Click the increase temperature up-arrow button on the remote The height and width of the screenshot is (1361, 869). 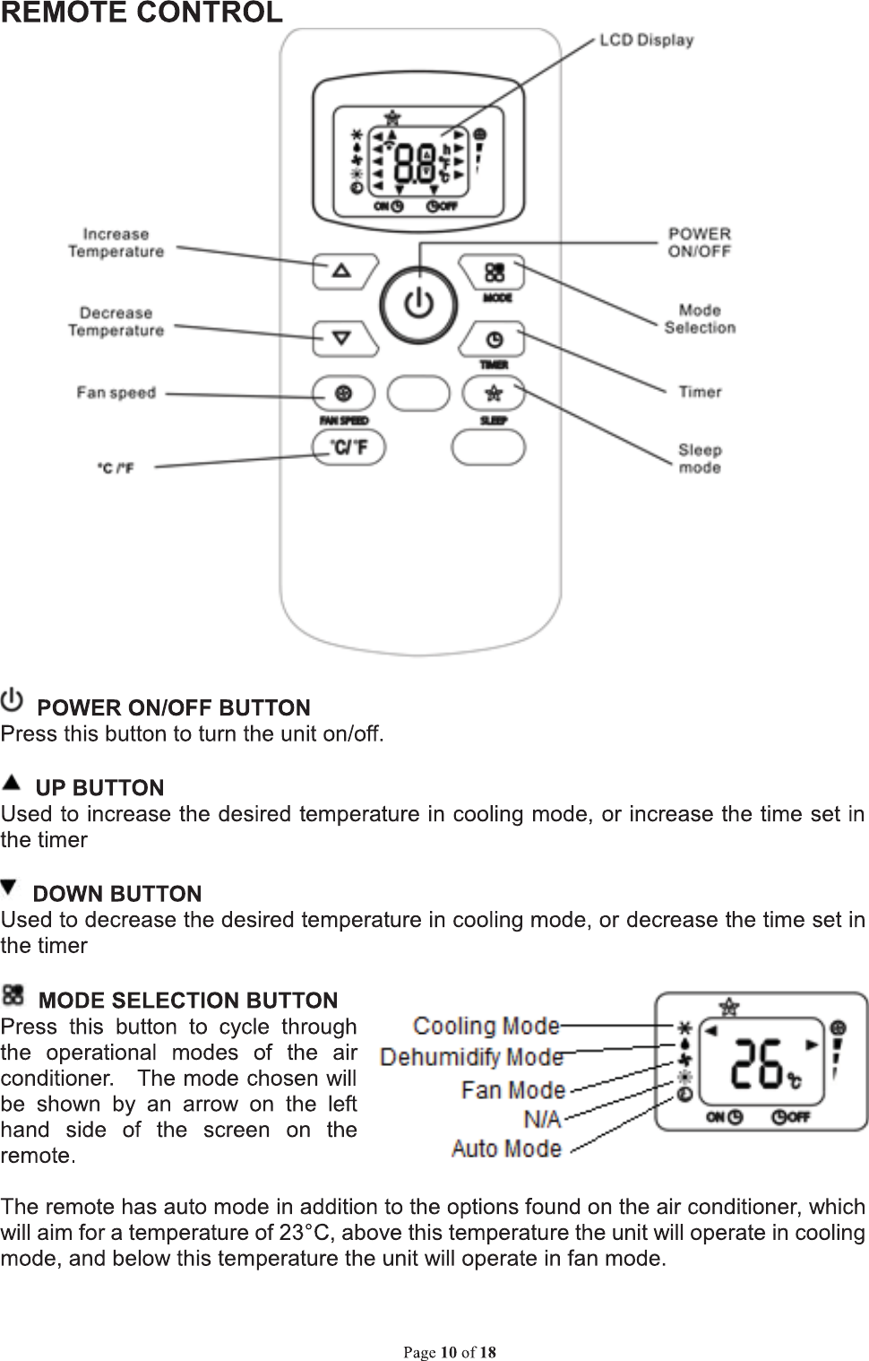342,270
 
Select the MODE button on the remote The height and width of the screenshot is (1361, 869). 495,272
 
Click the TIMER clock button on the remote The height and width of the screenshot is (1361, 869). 495,340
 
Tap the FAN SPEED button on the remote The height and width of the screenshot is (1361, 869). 343,394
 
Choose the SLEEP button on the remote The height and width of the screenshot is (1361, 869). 494,394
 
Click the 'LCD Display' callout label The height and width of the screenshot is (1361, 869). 646,40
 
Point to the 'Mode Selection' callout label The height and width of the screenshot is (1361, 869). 700,319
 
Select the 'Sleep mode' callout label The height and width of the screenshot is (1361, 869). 700,458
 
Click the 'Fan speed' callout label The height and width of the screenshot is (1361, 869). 116,393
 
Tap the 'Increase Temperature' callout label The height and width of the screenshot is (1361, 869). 116,243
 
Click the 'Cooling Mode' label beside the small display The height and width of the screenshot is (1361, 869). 486,1026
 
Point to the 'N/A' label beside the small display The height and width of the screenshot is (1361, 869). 542,1119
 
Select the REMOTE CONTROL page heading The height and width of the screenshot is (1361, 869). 142,13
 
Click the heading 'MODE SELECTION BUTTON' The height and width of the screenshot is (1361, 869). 189,1000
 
